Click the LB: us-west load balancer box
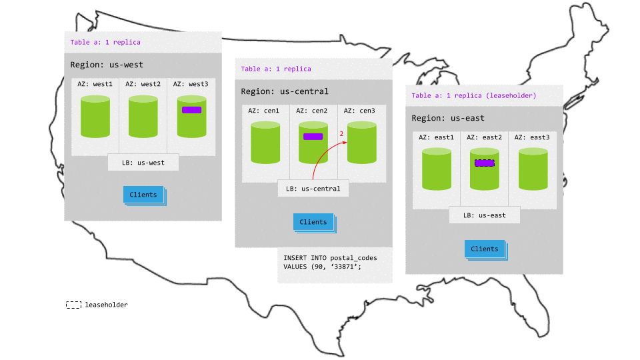pyautogui.click(x=143, y=162)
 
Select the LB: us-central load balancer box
pyautogui.click(x=313, y=189)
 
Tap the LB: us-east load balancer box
pyautogui.click(x=484, y=215)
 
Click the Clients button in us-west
pyautogui.click(x=143, y=195)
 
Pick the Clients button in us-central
pyautogui.click(x=313, y=222)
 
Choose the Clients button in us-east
pyautogui.click(x=485, y=249)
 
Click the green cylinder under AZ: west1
pyautogui.click(x=95, y=117)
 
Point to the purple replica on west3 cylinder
pyautogui.click(x=191, y=110)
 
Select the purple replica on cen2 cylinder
pyautogui.click(x=313, y=137)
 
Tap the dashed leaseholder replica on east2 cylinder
pyautogui.click(x=484, y=163)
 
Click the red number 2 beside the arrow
pyautogui.click(x=341, y=134)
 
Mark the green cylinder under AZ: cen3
pyautogui.click(x=361, y=143)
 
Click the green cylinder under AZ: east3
pyautogui.click(x=533, y=170)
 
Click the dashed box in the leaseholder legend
pyautogui.click(x=73, y=305)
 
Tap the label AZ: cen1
pyautogui.click(x=264, y=111)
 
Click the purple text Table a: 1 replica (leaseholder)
pyautogui.click(x=474, y=95)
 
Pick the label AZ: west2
pyautogui.click(x=143, y=84)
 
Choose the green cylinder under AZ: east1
pyautogui.click(x=437, y=170)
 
